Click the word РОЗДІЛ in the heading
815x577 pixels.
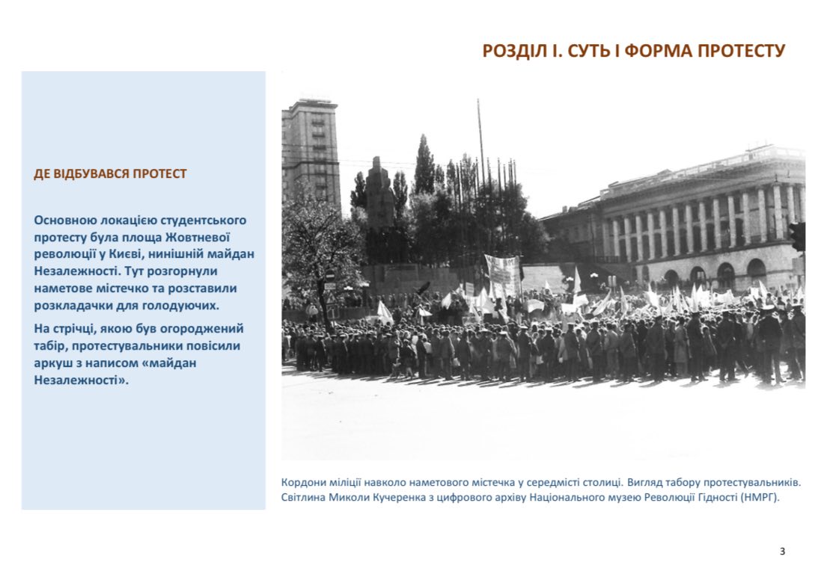(510, 51)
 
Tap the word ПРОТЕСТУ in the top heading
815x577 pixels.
(742, 51)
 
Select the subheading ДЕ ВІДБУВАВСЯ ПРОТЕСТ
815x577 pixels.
(110, 174)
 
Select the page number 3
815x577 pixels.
(782, 552)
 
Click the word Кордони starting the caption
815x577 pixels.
(303, 481)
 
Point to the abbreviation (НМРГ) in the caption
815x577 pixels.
(759, 497)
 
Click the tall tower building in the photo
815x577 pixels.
(311, 149)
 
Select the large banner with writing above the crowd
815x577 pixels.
(502, 273)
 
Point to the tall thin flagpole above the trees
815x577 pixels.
(480, 142)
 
